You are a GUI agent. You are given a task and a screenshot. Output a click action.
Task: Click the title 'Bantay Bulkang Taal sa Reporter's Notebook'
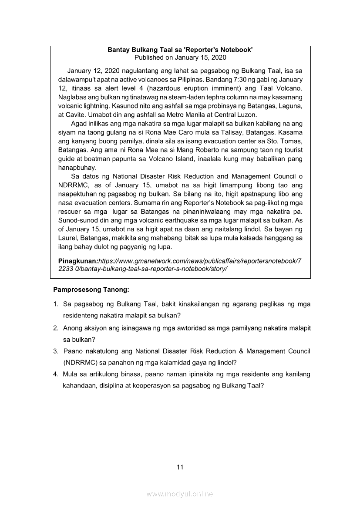click(x=180, y=50)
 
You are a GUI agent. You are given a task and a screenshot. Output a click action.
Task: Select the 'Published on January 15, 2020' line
click(x=180, y=57)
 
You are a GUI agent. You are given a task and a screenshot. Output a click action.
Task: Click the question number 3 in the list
click(x=55, y=351)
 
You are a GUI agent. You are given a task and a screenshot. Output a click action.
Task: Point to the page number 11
click(x=180, y=468)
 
